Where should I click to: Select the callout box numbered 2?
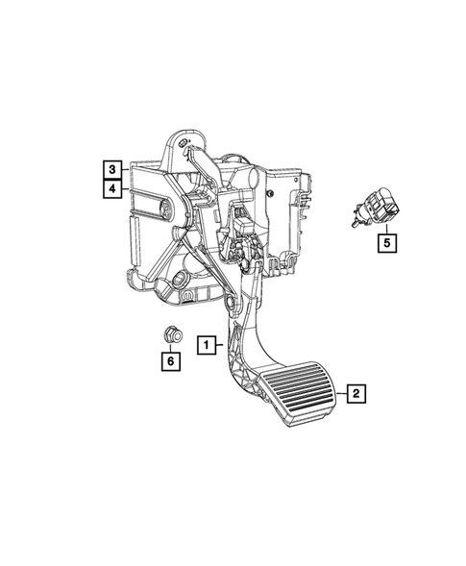click(x=356, y=393)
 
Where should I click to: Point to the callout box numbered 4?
click(x=113, y=188)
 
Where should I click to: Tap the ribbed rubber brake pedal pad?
click(x=300, y=390)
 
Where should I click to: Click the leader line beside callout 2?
click(x=339, y=393)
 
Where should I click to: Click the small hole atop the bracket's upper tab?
click(x=183, y=145)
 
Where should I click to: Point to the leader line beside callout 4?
click(x=126, y=188)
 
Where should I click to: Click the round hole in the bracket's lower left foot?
click(x=181, y=281)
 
